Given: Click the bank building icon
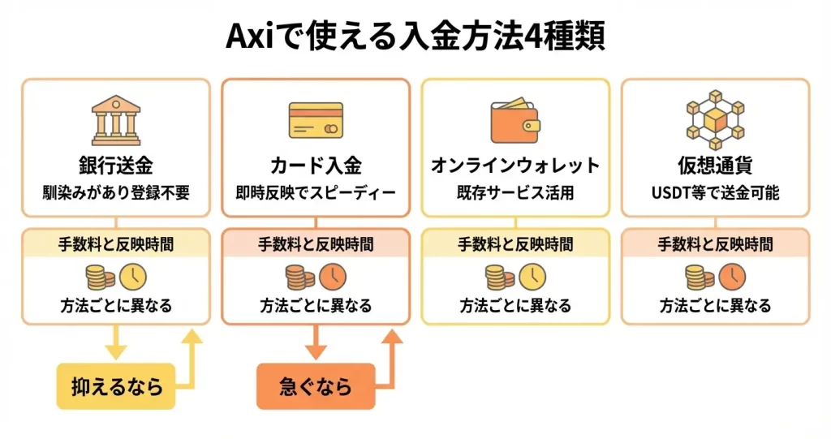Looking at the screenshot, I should click(x=115, y=121).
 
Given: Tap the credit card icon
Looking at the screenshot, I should click(x=315, y=123).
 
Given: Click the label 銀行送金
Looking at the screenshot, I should click(x=115, y=166).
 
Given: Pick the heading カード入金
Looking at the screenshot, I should click(x=315, y=166).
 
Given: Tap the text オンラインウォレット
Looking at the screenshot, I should click(x=515, y=166).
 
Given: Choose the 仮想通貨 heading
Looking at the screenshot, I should click(x=715, y=166).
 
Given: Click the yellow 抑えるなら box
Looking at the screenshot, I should click(x=115, y=386).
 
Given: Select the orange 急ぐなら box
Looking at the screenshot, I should click(x=316, y=386).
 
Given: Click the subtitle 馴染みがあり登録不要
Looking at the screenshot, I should click(x=115, y=195).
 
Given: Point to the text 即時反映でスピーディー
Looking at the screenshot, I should click(x=315, y=195).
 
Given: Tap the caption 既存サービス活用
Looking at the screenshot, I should click(x=515, y=195).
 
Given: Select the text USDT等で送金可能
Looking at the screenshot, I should click(x=715, y=195).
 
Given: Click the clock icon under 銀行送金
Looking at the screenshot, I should click(x=133, y=277).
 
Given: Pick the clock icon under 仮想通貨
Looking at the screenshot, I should click(x=733, y=277).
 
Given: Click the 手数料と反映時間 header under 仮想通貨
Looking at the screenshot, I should click(x=715, y=243).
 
